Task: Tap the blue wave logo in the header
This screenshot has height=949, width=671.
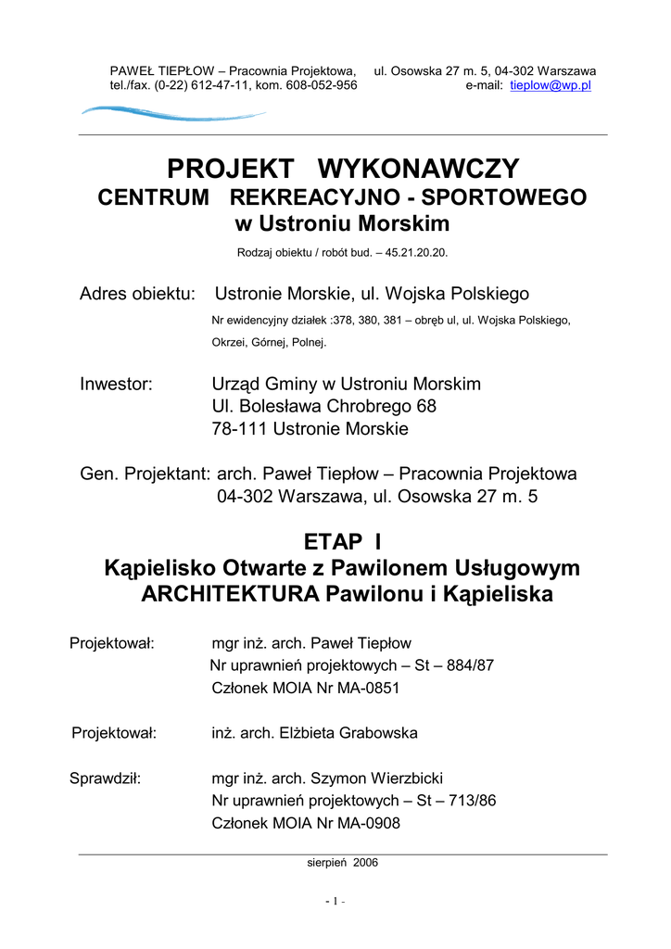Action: pyautogui.click(x=172, y=114)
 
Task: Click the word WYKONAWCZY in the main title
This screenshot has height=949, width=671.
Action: pyautogui.click(x=419, y=170)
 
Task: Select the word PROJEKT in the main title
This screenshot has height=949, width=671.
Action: pyautogui.click(x=230, y=170)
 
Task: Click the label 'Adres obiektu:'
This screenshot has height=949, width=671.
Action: pyautogui.click(x=138, y=294)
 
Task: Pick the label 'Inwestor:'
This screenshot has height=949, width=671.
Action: pyautogui.click(x=116, y=384)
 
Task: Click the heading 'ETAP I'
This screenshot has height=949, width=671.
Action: pyautogui.click(x=342, y=541)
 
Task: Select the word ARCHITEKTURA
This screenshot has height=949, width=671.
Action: pyautogui.click(x=230, y=594)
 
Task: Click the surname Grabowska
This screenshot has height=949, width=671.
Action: pyautogui.click(x=373, y=733)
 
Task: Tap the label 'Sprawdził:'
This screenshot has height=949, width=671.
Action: pyautogui.click(x=105, y=778)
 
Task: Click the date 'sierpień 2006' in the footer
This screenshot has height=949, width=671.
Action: pyautogui.click(x=342, y=863)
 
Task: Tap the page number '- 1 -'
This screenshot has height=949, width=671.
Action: pyautogui.click(x=335, y=902)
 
